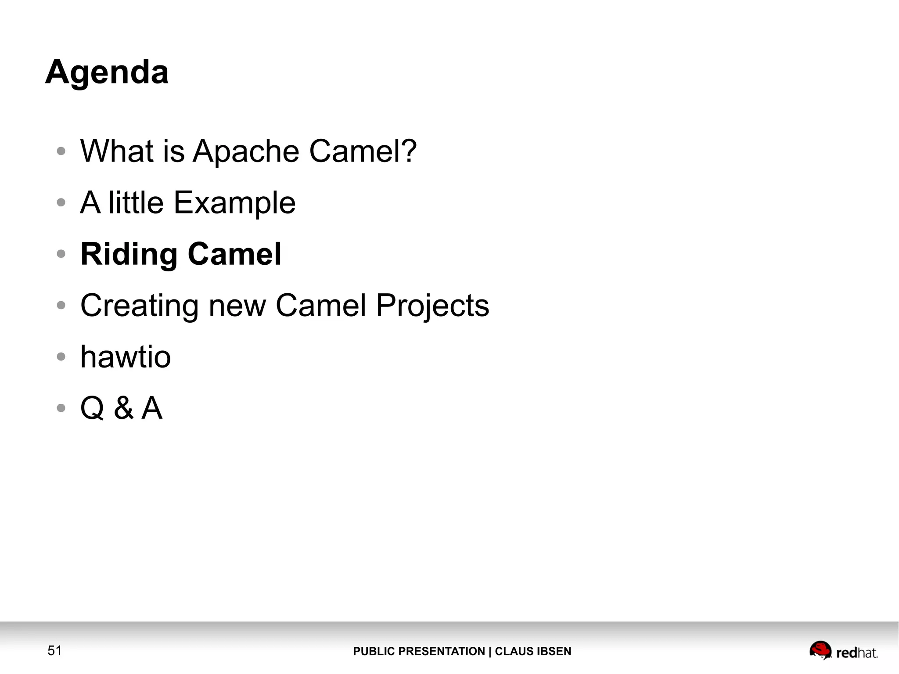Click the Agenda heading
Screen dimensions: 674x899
pyautogui.click(x=107, y=72)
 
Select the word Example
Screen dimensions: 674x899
pyautogui.click(x=234, y=203)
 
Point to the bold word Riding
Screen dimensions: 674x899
pyautogui.click(x=129, y=254)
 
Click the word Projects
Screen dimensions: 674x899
pyautogui.click(x=432, y=305)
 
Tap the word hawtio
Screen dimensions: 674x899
pyautogui.click(x=126, y=357)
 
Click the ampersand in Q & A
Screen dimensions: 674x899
pyautogui.click(x=123, y=408)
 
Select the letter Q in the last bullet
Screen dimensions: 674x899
pyautogui.click(x=92, y=408)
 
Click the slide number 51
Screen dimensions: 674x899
pyautogui.click(x=54, y=650)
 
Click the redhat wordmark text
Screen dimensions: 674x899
pyautogui.click(x=856, y=653)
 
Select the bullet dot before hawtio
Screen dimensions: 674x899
pyautogui.click(x=61, y=357)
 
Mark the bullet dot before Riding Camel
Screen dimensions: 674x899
pyautogui.click(x=61, y=254)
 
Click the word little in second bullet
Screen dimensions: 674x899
pyautogui.click(x=136, y=202)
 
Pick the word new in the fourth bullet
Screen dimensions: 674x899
pyautogui.click(x=237, y=306)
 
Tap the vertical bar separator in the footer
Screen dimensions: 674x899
pyautogui.click(x=490, y=651)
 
